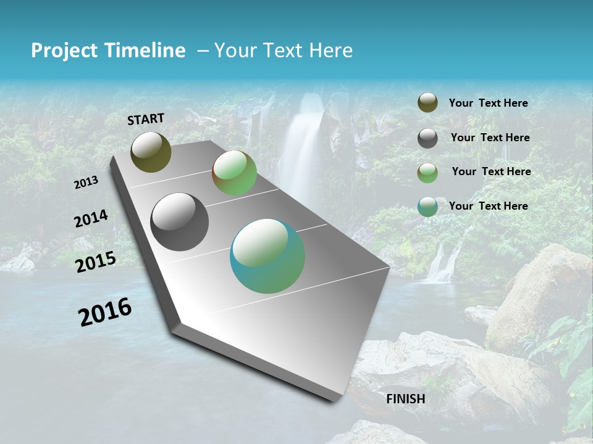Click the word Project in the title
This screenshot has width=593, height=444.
click(64, 51)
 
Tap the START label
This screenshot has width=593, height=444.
click(146, 119)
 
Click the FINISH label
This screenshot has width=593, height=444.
click(406, 399)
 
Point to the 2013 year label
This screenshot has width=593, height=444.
click(86, 183)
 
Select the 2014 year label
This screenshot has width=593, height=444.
click(91, 219)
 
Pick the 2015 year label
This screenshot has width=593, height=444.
click(96, 262)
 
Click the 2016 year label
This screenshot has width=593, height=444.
click(105, 312)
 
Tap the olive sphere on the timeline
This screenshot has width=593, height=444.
click(151, 152)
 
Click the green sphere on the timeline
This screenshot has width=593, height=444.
click(234, 173)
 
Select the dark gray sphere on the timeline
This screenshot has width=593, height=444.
click(179, 222)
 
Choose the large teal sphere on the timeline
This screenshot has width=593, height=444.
click(267, 256)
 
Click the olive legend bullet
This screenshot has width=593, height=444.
click(427, 103)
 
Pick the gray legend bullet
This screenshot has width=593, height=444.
click(427, 138)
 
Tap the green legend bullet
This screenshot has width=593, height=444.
click(427, 173)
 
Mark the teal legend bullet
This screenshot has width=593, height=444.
click(427, 207)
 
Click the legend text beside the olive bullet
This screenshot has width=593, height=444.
click(488, 104)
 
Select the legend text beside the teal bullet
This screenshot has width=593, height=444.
click(488, 206)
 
